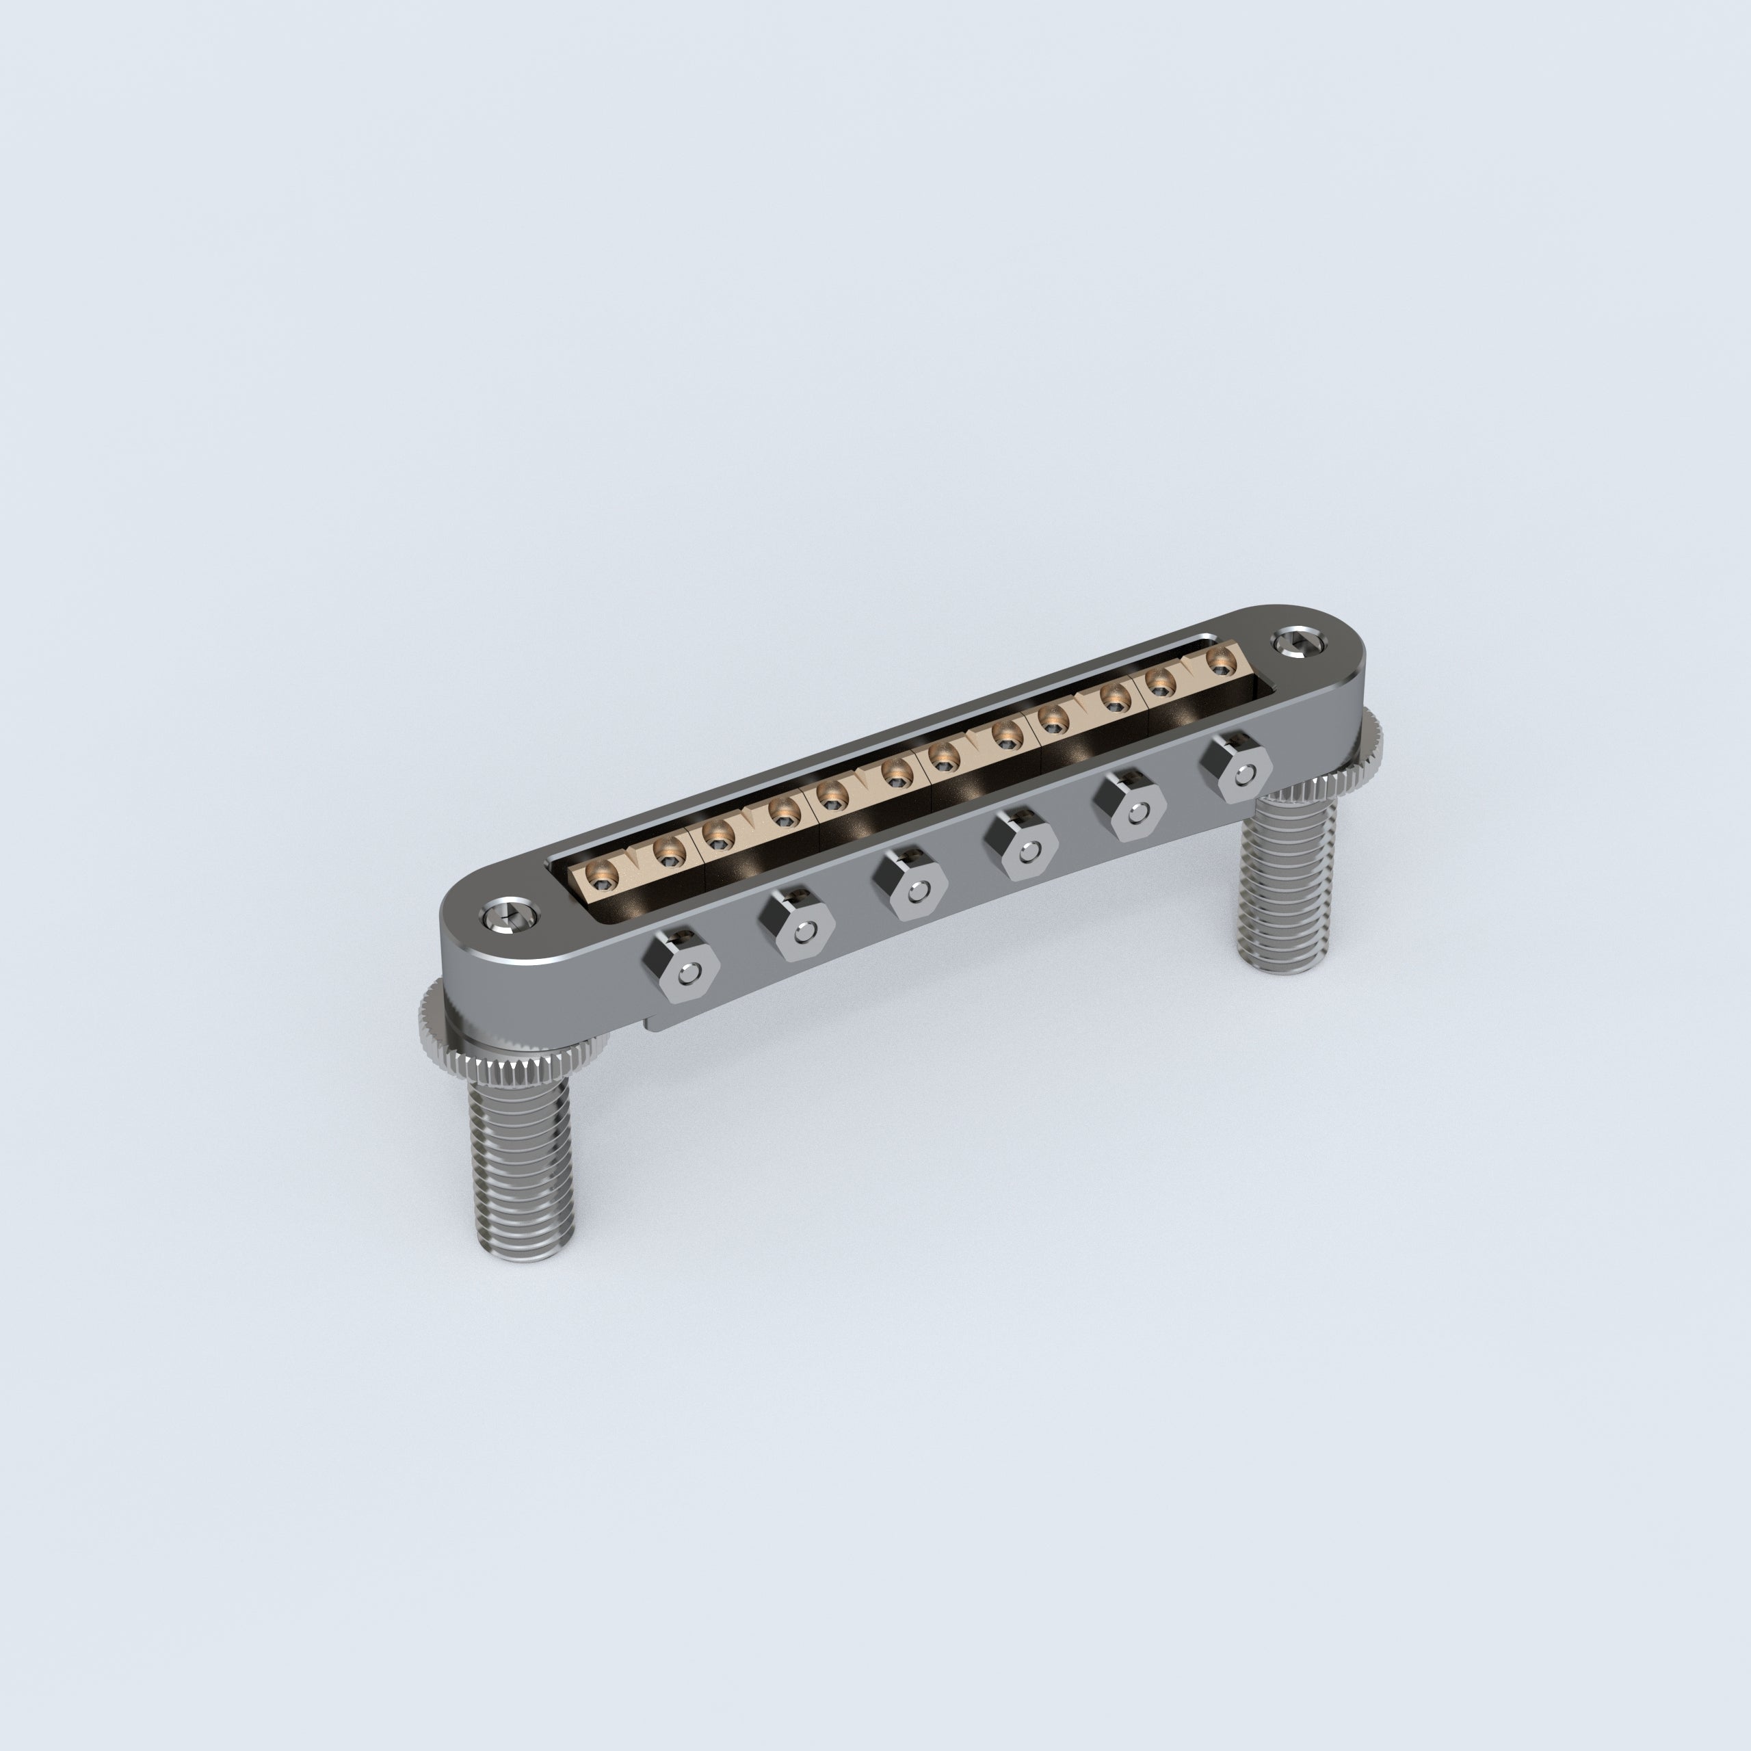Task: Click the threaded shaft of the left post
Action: click(x=521, y=1160)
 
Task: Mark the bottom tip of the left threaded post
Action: click(x=524, y=1255)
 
